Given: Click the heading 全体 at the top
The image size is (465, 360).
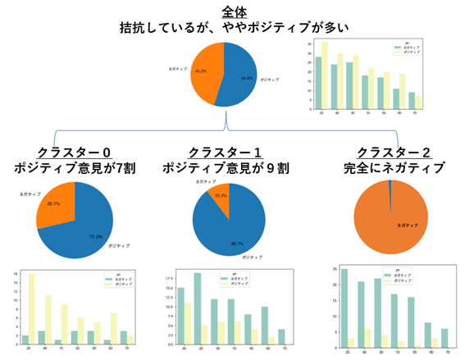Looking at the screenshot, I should pos(231,11).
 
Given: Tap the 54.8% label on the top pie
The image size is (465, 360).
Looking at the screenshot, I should pos(246,79).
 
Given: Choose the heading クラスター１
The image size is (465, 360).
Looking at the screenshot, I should pos(225,152).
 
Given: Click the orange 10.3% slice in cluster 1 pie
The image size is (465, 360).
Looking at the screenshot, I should pos(217,198).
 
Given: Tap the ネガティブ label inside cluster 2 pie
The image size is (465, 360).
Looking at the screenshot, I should pos(407,224).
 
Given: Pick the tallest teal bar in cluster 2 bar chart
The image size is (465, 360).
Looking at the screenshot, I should pos(344,311).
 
